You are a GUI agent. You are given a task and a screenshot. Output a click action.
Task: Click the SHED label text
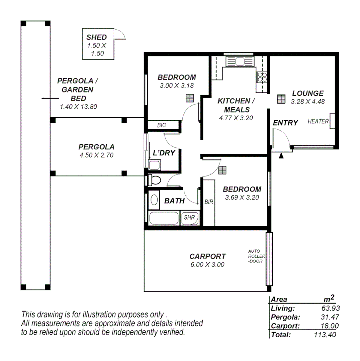click(96, 37)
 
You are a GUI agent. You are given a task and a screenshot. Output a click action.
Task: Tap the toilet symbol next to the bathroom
click(154, 180)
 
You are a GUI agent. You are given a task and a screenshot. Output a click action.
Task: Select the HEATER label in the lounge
click(318, 121)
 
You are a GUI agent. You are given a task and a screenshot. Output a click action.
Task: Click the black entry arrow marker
click(281, 155)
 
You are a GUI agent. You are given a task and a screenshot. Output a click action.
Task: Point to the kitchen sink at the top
click(240, 61)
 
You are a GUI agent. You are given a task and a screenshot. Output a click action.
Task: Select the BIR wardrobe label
click(208, 202)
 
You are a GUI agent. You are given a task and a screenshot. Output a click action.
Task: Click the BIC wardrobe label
click(161, 125)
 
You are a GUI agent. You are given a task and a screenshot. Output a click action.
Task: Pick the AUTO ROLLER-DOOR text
click(256, 256)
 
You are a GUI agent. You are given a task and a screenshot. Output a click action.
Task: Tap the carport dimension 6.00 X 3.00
click(207, 264)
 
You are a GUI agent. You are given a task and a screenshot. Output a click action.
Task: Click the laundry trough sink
click(155, 165)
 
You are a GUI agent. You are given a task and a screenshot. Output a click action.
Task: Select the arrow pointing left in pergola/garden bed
click(46, 98)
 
